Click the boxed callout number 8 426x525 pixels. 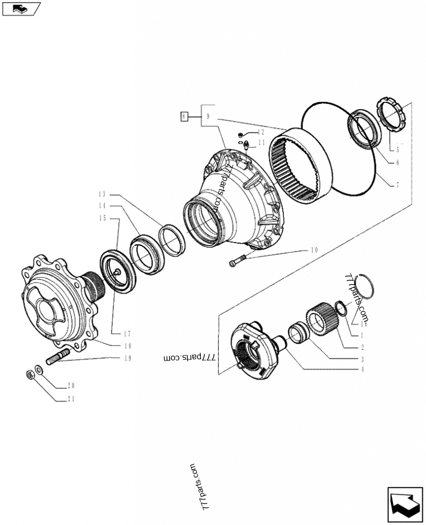pos(184,116)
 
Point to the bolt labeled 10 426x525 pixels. pos(238,261)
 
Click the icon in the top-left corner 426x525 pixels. pos(21,9)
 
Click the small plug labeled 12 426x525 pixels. pos(241,133)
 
